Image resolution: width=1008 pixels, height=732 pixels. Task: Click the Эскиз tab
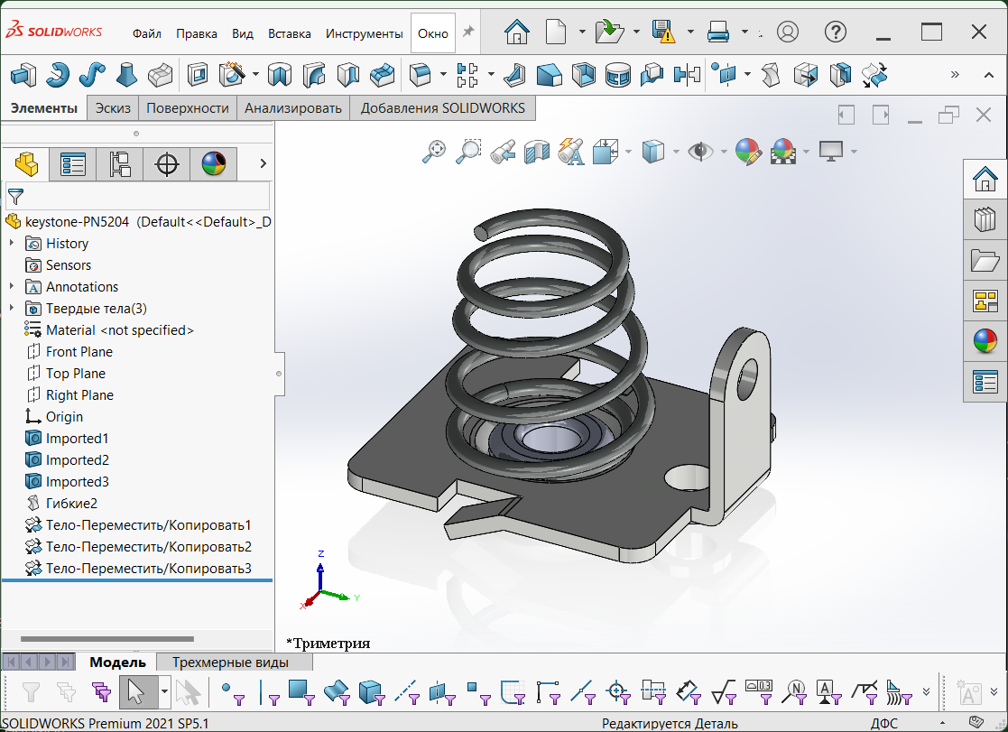coord(114,108)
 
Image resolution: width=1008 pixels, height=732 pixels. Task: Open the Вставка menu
coord(290,33)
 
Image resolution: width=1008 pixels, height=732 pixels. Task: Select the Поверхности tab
coord(188,108)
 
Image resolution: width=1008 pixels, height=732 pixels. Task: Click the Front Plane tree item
coord(79,352)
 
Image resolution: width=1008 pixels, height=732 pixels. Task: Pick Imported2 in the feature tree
coord(77,460)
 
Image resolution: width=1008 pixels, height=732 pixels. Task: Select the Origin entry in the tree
coord(64,417)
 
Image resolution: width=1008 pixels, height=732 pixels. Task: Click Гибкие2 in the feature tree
coord(71,504)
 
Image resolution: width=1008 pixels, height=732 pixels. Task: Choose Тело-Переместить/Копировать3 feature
coord(148,569)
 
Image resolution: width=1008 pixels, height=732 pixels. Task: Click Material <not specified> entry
coord(120,330)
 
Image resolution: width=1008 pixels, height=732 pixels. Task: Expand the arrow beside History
coord(12,244)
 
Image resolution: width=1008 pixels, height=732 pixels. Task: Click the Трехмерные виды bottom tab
coord(230,663)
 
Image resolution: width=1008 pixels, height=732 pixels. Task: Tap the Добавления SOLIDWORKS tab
coord(442,108)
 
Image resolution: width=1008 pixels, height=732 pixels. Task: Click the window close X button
coord(978,32)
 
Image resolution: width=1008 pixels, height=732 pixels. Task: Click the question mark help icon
coord(835,32)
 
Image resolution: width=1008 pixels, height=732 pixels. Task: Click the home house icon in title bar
coord(517,32)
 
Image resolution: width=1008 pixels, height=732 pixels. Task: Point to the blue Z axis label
coord(321,553)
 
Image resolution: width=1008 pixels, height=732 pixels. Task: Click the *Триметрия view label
coord(328,644)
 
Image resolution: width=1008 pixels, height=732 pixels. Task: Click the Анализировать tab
coord(293,108)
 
